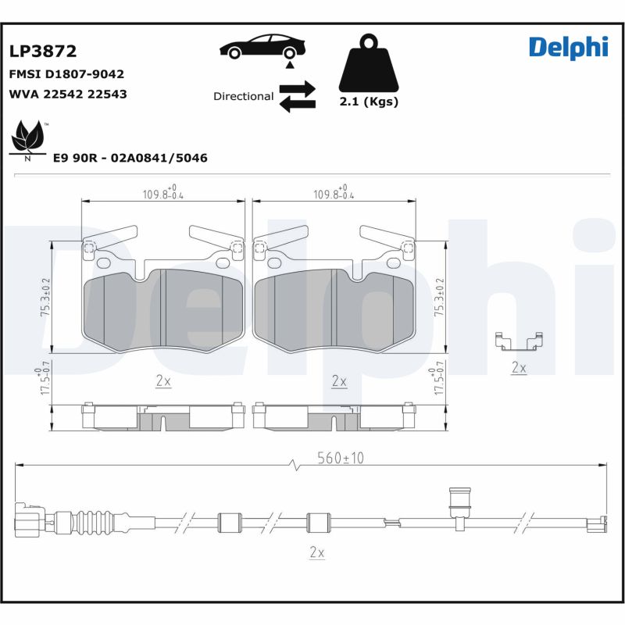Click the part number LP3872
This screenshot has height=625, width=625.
click(43, 52)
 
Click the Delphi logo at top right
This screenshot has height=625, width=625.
click(568, 47)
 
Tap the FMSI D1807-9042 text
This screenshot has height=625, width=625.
click(66, 74)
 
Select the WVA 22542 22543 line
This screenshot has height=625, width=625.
click(67, 94)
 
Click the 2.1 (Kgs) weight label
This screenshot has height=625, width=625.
click(369, 102)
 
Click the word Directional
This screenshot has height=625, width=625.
click(243, 96)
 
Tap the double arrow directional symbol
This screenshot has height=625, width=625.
click(298, 95)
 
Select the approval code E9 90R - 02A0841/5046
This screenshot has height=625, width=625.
click(130, 158)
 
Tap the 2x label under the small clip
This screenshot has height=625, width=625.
click(519, 366)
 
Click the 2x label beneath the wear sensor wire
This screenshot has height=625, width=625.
click(316, 552)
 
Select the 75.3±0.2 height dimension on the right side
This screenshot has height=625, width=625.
click(438, 297)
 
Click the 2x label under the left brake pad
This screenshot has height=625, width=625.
click(163, 381)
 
